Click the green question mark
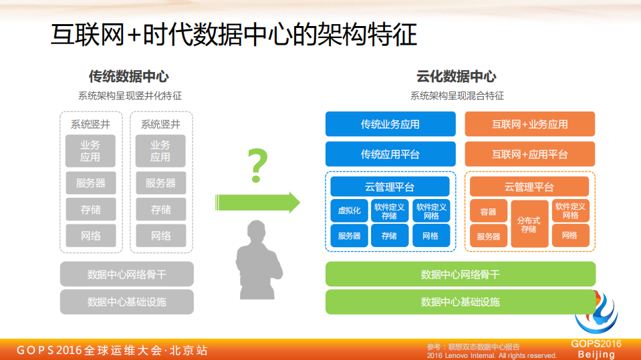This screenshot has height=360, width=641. click(257, 167)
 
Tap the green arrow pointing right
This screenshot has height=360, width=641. click(257, 202)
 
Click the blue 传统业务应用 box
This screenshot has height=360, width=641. click(390, 124)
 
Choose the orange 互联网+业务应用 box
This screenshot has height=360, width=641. click(529, 124)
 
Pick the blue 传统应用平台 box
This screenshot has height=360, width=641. click(390, 154)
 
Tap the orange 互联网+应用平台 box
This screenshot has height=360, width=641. click(529, 154)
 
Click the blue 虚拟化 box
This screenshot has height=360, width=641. click(349, 211)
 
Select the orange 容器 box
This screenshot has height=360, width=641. click(489, 212)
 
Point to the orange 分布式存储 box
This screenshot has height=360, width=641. click(529, 224)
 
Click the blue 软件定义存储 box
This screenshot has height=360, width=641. click(389, 211)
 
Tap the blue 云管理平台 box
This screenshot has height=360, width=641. click(390, 186)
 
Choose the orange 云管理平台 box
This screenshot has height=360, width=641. click(529, 186)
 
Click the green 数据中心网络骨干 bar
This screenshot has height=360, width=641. click(460, 275)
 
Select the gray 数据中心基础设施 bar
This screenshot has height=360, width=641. click(127, 302)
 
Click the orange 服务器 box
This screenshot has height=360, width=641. click(489, 236)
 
